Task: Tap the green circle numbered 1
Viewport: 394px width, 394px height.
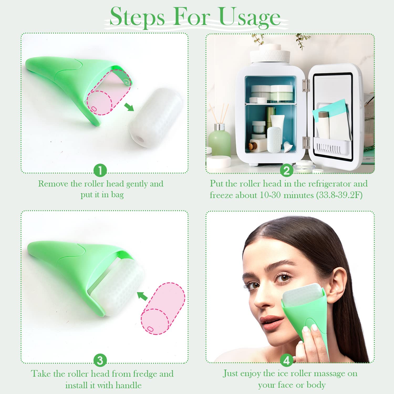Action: click(100, 171)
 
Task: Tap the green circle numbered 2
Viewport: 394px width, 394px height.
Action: click(287, 171)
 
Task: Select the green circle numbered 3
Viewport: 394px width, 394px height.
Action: click(100, 361)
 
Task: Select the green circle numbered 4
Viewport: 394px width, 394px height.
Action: click(287, 361)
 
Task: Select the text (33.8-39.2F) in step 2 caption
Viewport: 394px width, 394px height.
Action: click(339, 195)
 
